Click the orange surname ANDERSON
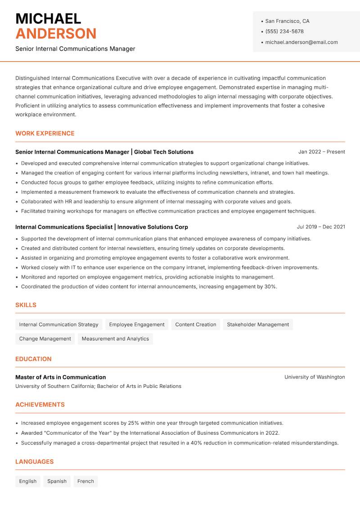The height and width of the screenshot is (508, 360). coord(56,34)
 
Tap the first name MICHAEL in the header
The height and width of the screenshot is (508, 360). coord(48,18)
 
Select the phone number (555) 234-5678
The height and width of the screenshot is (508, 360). coord(284,31)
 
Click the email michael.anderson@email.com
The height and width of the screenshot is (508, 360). coord(301,42)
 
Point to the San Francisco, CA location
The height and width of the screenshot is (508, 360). coord(287,21)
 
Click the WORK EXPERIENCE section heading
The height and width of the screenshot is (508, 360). coord(45,134)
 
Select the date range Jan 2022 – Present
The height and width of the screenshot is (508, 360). coord(321,152)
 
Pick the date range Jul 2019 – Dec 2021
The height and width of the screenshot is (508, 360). coord(321,227)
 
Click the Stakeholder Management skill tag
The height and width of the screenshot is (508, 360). coord(258,325)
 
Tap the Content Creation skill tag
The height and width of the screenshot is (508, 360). coord(196,325)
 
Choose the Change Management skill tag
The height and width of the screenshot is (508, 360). coord(45,339)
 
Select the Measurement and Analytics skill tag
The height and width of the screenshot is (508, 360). coord(115,339)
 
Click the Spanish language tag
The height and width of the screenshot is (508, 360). coord(57,481)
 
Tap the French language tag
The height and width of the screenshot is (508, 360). coord(85,481)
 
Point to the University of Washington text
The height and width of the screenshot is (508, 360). coord(315,377)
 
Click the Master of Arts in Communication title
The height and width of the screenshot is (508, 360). coord(61,377)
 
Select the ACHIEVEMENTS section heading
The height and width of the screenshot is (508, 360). coord(40,405)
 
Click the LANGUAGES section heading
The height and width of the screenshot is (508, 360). coord(34,462)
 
